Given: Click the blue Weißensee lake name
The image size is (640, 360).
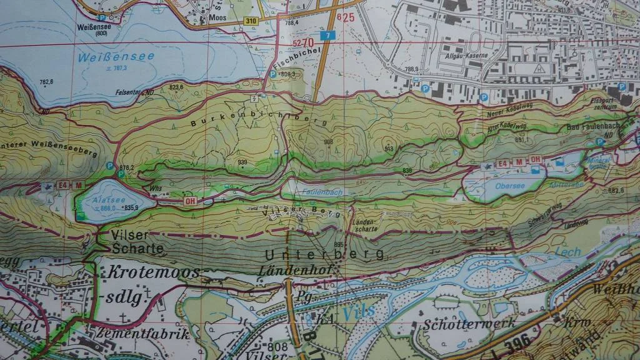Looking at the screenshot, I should click(x=116, y=57).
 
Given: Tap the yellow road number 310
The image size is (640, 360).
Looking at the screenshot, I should click(x=233, y=22).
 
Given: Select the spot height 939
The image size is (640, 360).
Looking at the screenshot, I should click(x=242, y=162).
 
